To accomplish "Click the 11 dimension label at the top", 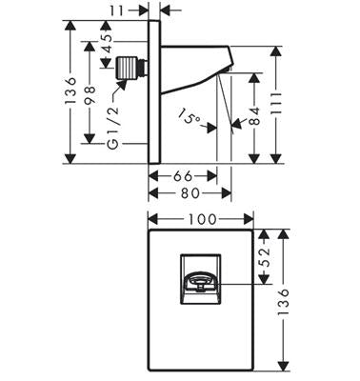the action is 116,10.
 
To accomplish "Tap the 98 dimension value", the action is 90,94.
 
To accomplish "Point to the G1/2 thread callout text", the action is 113,128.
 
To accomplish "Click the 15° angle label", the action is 189,116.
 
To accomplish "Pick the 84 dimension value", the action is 254,115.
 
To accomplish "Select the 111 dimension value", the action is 276,104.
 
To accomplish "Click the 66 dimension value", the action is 183,176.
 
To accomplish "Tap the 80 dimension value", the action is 190,193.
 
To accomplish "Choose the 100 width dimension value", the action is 202,219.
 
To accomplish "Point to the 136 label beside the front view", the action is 283,302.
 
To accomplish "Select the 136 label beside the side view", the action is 70,90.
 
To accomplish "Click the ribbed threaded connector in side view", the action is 128,68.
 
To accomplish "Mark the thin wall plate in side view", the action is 154,92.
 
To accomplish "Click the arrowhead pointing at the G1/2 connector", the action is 122,84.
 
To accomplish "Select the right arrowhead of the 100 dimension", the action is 249,219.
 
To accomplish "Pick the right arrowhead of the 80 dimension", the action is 227,193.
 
